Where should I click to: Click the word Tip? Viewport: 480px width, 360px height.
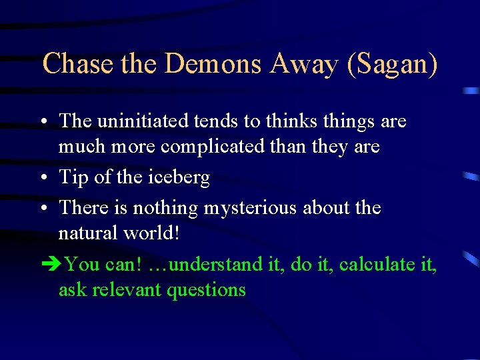point(73,177)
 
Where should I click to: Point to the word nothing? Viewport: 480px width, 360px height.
point(165,208)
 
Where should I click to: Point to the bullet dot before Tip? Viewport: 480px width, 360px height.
point(43,178)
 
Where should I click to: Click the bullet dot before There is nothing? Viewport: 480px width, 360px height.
point(43,209)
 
